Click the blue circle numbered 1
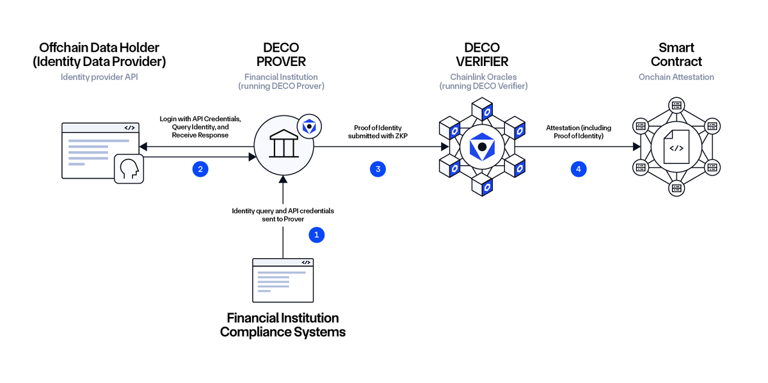(317, 235)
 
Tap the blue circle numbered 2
(200, 169)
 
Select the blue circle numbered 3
(378, 169)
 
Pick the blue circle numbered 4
(579, 169)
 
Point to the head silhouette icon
(129, 169)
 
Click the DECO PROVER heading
(281, 54)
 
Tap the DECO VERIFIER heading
(482, 54)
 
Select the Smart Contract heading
(676, 54)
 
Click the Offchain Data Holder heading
(99, 54)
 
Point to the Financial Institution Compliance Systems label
(283, 325)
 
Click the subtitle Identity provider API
(99, 77)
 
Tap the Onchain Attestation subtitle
(676, 77)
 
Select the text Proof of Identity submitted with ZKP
(377, 132)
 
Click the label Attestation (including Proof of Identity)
(578, 132)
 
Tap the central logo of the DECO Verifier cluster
(482, 147)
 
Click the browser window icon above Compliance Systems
(283, 280)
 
